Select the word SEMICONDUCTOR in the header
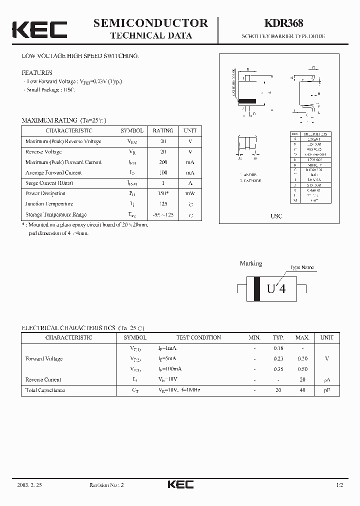click(150, 23)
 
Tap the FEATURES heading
click(36, 72)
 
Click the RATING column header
click(163, 130)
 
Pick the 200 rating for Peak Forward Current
click(163, 162)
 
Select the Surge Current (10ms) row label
click(48, 183)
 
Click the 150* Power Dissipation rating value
click(163, 193)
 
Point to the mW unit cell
click(190, 193)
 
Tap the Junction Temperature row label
click(49, 204)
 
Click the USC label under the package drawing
click(276, 216)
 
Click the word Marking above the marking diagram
click(250, 263)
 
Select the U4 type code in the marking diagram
click(276, 288)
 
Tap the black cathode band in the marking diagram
click(257, 288)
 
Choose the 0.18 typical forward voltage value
click(278, 348)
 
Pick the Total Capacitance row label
click(45, 390)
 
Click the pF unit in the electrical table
click(326, 390)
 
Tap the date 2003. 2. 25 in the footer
click(33, 485)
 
